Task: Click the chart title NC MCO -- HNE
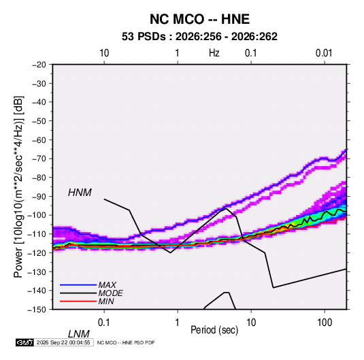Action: pyautogui.click(x=199, y=19)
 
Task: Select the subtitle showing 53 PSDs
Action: pyautogui.click(x=199, y=37)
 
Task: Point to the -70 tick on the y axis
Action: pyautogui.click(x=39, y=159)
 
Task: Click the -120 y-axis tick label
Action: pyautogui.click(x=37, y=252)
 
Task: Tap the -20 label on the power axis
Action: pyautogui.click(x=39, y=65)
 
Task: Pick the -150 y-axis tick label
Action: pyautogui.click(x=37, y=310)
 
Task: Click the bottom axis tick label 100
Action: pyautogui.click(x=325, y=323)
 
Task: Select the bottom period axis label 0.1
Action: pyautogui.click(x=104, y=323)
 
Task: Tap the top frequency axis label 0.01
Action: pyautogui.click(x=324, y=53)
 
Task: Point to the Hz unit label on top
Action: pyautogui.click(x=214, y=53)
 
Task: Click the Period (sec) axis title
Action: pyautogui.click(x=214, y=330)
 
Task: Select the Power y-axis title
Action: pyautogui.click(x=18, y=186)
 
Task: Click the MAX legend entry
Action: pyautogui.click(x=107, y=284)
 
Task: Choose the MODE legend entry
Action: pyautogui.click(x=110, y=293)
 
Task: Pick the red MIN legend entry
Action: pyautogui.click(x=106, y=301)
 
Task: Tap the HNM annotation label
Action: pyautogui.click(x=80, y=193)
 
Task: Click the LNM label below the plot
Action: pyautogui.click(x=79, y=334)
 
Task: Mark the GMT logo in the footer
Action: pyautogui.click(x=25, y=342)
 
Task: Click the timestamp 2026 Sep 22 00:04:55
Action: pyautogui.click(x=63, y=342)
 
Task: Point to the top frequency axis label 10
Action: pyautogui.click(x=104, y=53)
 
